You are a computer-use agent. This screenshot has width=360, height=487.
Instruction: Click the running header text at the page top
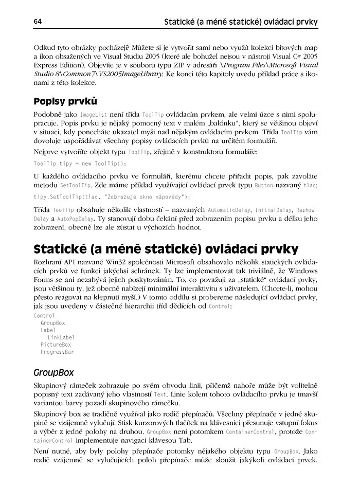(x=240, y=22)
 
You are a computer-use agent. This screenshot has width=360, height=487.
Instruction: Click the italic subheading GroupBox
(x=53, y=372)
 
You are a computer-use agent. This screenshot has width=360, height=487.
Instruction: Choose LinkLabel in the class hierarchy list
(x=61, y=337)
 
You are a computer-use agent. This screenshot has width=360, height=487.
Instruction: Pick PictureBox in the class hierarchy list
(x=56, y=345)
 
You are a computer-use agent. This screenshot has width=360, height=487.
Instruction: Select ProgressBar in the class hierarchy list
(x=57, y=352)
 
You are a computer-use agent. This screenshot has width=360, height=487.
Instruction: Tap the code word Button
(x=263, y=186)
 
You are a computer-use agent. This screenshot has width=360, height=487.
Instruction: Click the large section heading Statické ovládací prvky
(x=166, y=248)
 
